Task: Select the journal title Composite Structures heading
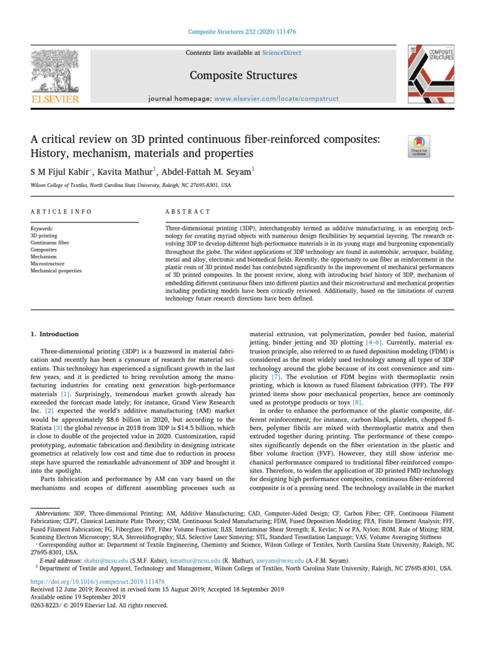[242, 76]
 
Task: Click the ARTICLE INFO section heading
[61, 211]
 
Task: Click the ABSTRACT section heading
[187, 211]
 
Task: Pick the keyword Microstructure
[49, 263]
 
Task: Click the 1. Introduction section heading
[55, 334]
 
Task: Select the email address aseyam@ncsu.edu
[289, 559]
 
